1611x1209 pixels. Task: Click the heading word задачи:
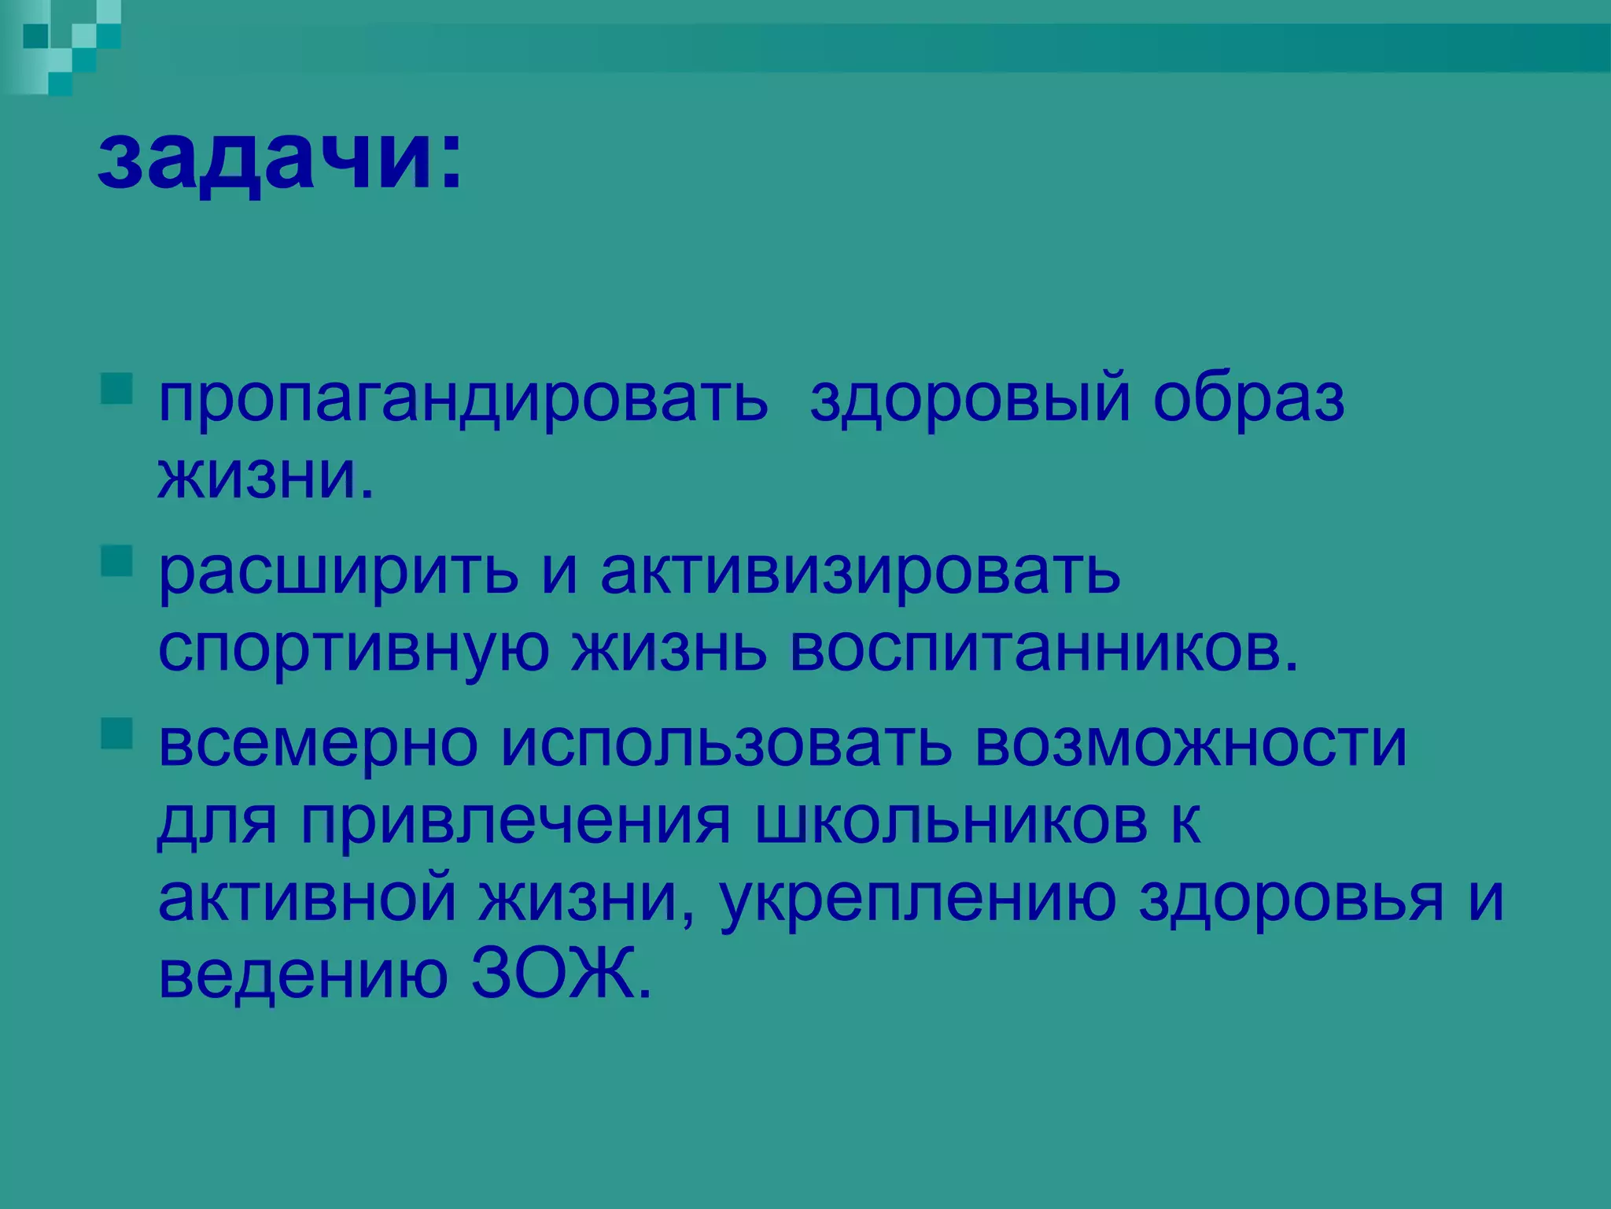pos(280,157)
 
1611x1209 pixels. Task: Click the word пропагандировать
pos(463,400)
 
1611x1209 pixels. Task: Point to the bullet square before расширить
pos(116,561)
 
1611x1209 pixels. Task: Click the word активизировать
pos(860,571)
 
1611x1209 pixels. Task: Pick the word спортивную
pos(353,649)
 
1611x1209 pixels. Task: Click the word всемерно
pos(318,744)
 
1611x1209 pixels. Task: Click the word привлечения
pos(515,823)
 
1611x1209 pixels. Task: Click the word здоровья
pos(1291,900)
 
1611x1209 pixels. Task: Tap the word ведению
pos(303,974)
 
